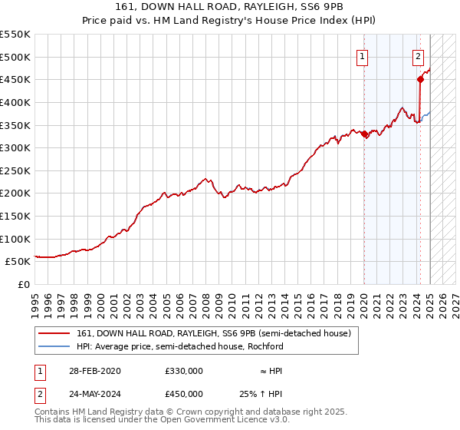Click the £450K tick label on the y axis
15,79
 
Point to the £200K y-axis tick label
15,193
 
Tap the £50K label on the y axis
18,262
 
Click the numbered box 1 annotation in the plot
361,55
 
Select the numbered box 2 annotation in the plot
418,55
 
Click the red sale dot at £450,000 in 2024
421,78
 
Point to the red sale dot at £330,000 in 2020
365,134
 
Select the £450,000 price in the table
183,393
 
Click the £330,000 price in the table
183,371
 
